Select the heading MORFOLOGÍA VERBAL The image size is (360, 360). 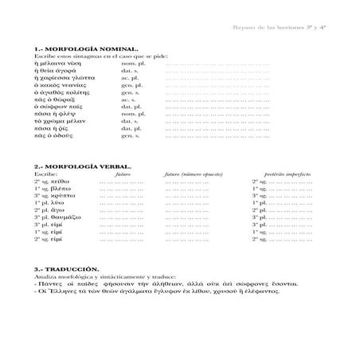[x=80, y=167]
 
